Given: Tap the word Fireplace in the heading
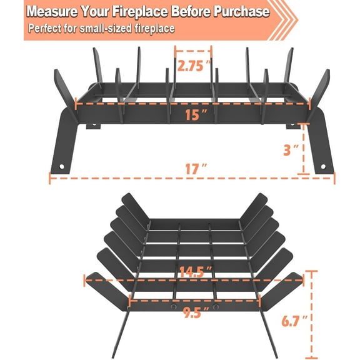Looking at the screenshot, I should click(x=147, y=12).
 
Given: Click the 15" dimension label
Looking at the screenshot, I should click(x=194, y=114).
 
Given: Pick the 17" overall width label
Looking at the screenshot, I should click(x=194, y=169).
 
